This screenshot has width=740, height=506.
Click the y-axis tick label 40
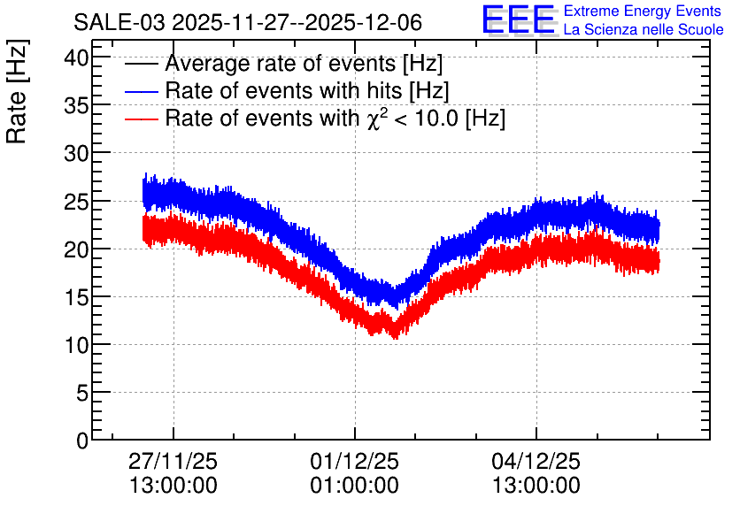pyautogui.click(x=76, y=58)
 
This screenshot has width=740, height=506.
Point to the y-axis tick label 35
pyautogui.click(x=76, y=106)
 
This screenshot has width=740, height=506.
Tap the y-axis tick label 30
pyautogui.click(x=76, y=154)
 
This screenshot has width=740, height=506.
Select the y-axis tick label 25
pyautogui.click(x=76, y=202)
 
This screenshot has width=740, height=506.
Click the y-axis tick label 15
pyautogui.click(x=76, y=297)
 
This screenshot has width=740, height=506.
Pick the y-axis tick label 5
pyautogui.click(x=82, y=393)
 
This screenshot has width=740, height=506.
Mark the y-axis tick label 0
pyautogui.click(x=82, y=441)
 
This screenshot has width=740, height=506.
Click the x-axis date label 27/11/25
pyautogui.click(x=173, y=461)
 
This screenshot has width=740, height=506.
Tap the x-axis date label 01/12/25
pyautogui.click(x=354, y=461)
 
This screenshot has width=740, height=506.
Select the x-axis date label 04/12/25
pyautogui.click(x=536, y=461)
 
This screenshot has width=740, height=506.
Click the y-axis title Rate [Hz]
pyautogui.click(x=17, y=91)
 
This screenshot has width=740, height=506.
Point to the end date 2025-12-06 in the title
pyautogui.click(x=364, y=22)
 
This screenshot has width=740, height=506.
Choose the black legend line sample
pyautogui.click(x=141, y=64)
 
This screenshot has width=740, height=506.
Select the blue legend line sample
pyautogui.click(x=141, y=91)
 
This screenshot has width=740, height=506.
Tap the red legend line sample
pyautogui.click(x=141, y=119)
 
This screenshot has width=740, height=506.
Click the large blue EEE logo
pyautogui.click(x=519, y=19)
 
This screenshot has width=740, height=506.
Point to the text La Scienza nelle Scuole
pyautogui.click(x=644, y=30)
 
